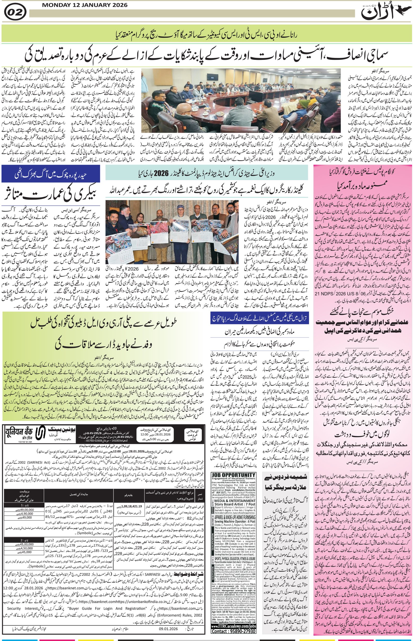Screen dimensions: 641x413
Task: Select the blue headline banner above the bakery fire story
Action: click(51, 173)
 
